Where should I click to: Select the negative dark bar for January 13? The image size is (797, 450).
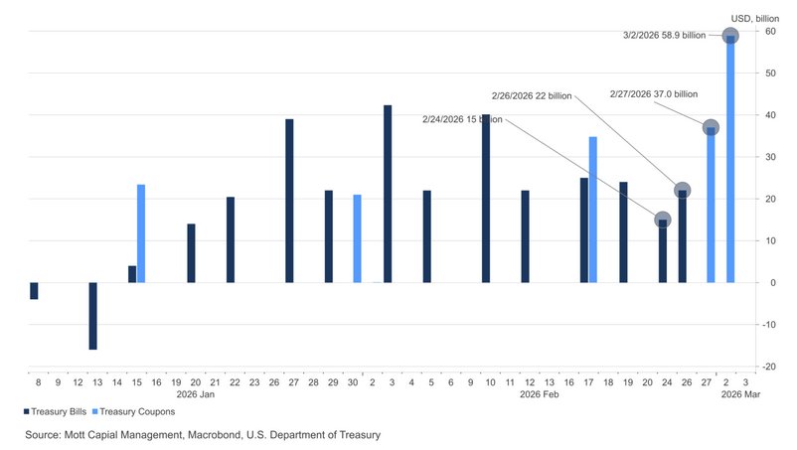pyautogui.click(x=92, y=316)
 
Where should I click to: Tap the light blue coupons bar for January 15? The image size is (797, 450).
pyautogui.click(x=141, y=233)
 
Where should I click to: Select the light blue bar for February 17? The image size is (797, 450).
pyautogui.click(x=593, y=210)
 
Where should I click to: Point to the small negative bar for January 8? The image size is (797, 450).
pyautogui.click(x=34, y=290)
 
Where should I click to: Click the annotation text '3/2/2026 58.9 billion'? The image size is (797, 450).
pyautogui.click(x=664, y=35)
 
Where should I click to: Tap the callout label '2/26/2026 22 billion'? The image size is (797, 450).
pyautogui.click(x=532, y=96)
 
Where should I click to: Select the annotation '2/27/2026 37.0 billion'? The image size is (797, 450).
pyautogui.click(x=653, y=94)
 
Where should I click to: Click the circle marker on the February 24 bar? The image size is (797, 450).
pyautogui.click(x=663, y=220)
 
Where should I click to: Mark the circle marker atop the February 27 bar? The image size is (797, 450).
pyautogui.click(x=711, y=128)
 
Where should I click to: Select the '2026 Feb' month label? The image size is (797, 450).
pyautogui.click(x=541, y=395)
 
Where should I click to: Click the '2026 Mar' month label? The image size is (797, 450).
pyautogui.click(x=740, y=395)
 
